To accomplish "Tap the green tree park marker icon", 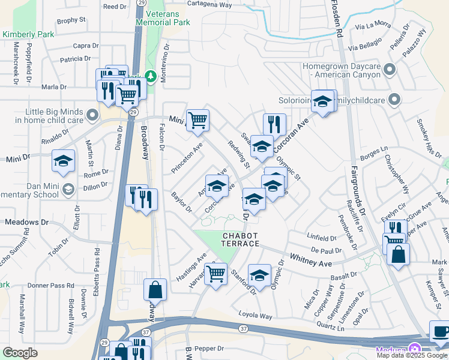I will tap(150, 76).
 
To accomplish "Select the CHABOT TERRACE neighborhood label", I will tap(241, 240).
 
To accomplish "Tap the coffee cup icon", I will tap(441, 332).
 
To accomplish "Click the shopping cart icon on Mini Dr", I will tap(197, 120).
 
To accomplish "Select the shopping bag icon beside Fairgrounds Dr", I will tap(398, 254).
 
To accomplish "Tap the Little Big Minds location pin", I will tap(91, 114).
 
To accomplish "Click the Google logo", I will tap(20, 353).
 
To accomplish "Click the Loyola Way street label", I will tap(255, 316).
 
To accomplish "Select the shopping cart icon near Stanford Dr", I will tap(215, 275).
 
